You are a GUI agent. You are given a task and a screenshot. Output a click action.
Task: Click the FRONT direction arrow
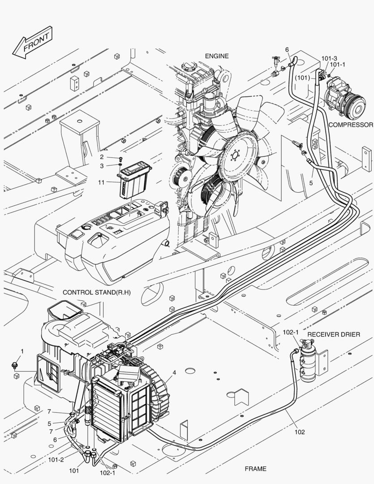33,43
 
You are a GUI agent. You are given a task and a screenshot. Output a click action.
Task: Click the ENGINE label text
217,56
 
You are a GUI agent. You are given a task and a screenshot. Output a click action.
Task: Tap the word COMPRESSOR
351,125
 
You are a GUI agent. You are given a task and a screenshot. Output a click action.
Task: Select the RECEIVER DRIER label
334,335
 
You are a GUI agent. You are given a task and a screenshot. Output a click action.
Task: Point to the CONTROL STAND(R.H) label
96,292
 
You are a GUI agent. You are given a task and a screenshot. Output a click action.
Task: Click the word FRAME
255,469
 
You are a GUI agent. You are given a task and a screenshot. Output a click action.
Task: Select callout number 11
102,182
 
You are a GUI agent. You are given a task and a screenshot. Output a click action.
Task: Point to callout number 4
174,372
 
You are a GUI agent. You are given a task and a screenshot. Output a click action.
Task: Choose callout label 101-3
329,58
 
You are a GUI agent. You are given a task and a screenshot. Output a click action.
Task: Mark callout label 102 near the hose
300,432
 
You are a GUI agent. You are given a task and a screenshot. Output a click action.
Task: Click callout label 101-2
56,460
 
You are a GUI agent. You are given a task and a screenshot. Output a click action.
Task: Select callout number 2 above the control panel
102,157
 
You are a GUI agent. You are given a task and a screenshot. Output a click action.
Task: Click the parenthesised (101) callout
303,77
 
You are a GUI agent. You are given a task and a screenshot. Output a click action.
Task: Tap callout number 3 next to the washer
102,166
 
